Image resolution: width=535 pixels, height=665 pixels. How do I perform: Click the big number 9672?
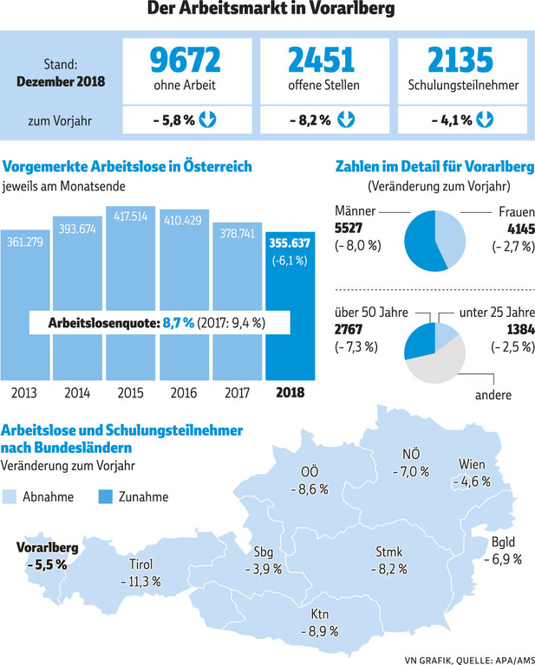click(185, 60)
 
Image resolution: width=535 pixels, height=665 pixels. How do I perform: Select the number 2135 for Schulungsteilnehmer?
click(461, 60)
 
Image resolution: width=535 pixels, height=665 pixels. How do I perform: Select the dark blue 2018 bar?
click(291, 312)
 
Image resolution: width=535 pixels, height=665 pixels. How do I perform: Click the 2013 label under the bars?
click(24, 392)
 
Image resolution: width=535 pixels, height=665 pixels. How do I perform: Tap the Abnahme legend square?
click(10, 497)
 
